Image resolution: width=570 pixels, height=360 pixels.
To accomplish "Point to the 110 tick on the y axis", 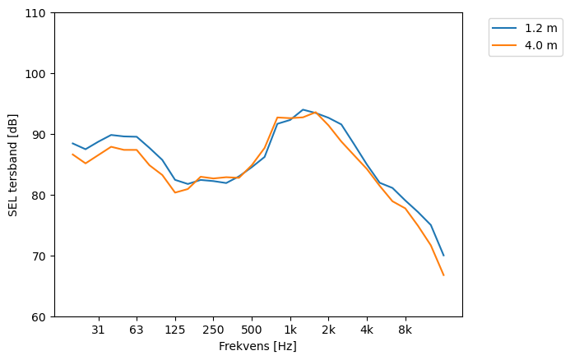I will pos(39,13).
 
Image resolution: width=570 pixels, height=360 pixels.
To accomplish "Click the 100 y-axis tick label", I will pos(39,74).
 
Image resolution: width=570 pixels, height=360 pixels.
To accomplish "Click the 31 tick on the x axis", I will pos(98,330).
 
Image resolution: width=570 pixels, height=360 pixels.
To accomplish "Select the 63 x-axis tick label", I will pos(137,330).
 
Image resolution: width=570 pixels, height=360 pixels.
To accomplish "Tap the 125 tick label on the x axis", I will pos(174,330).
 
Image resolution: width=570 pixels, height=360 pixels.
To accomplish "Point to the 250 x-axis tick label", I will pos(213,330).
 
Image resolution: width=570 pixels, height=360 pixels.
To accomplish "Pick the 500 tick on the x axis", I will pos(252,330).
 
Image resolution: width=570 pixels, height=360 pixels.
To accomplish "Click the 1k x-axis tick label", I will pos(290,330).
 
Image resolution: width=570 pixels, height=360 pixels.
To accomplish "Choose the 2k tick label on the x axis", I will pos(328,330).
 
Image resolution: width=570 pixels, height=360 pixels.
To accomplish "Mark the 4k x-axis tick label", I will pos(367,330).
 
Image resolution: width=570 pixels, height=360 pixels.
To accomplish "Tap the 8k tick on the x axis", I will pos(405,330).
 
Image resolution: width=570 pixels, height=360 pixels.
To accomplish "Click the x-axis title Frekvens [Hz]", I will pos(257,347).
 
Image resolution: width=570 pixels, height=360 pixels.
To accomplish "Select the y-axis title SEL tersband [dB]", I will pos(13,164).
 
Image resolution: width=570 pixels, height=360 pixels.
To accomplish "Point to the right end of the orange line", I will pos(443,275).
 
